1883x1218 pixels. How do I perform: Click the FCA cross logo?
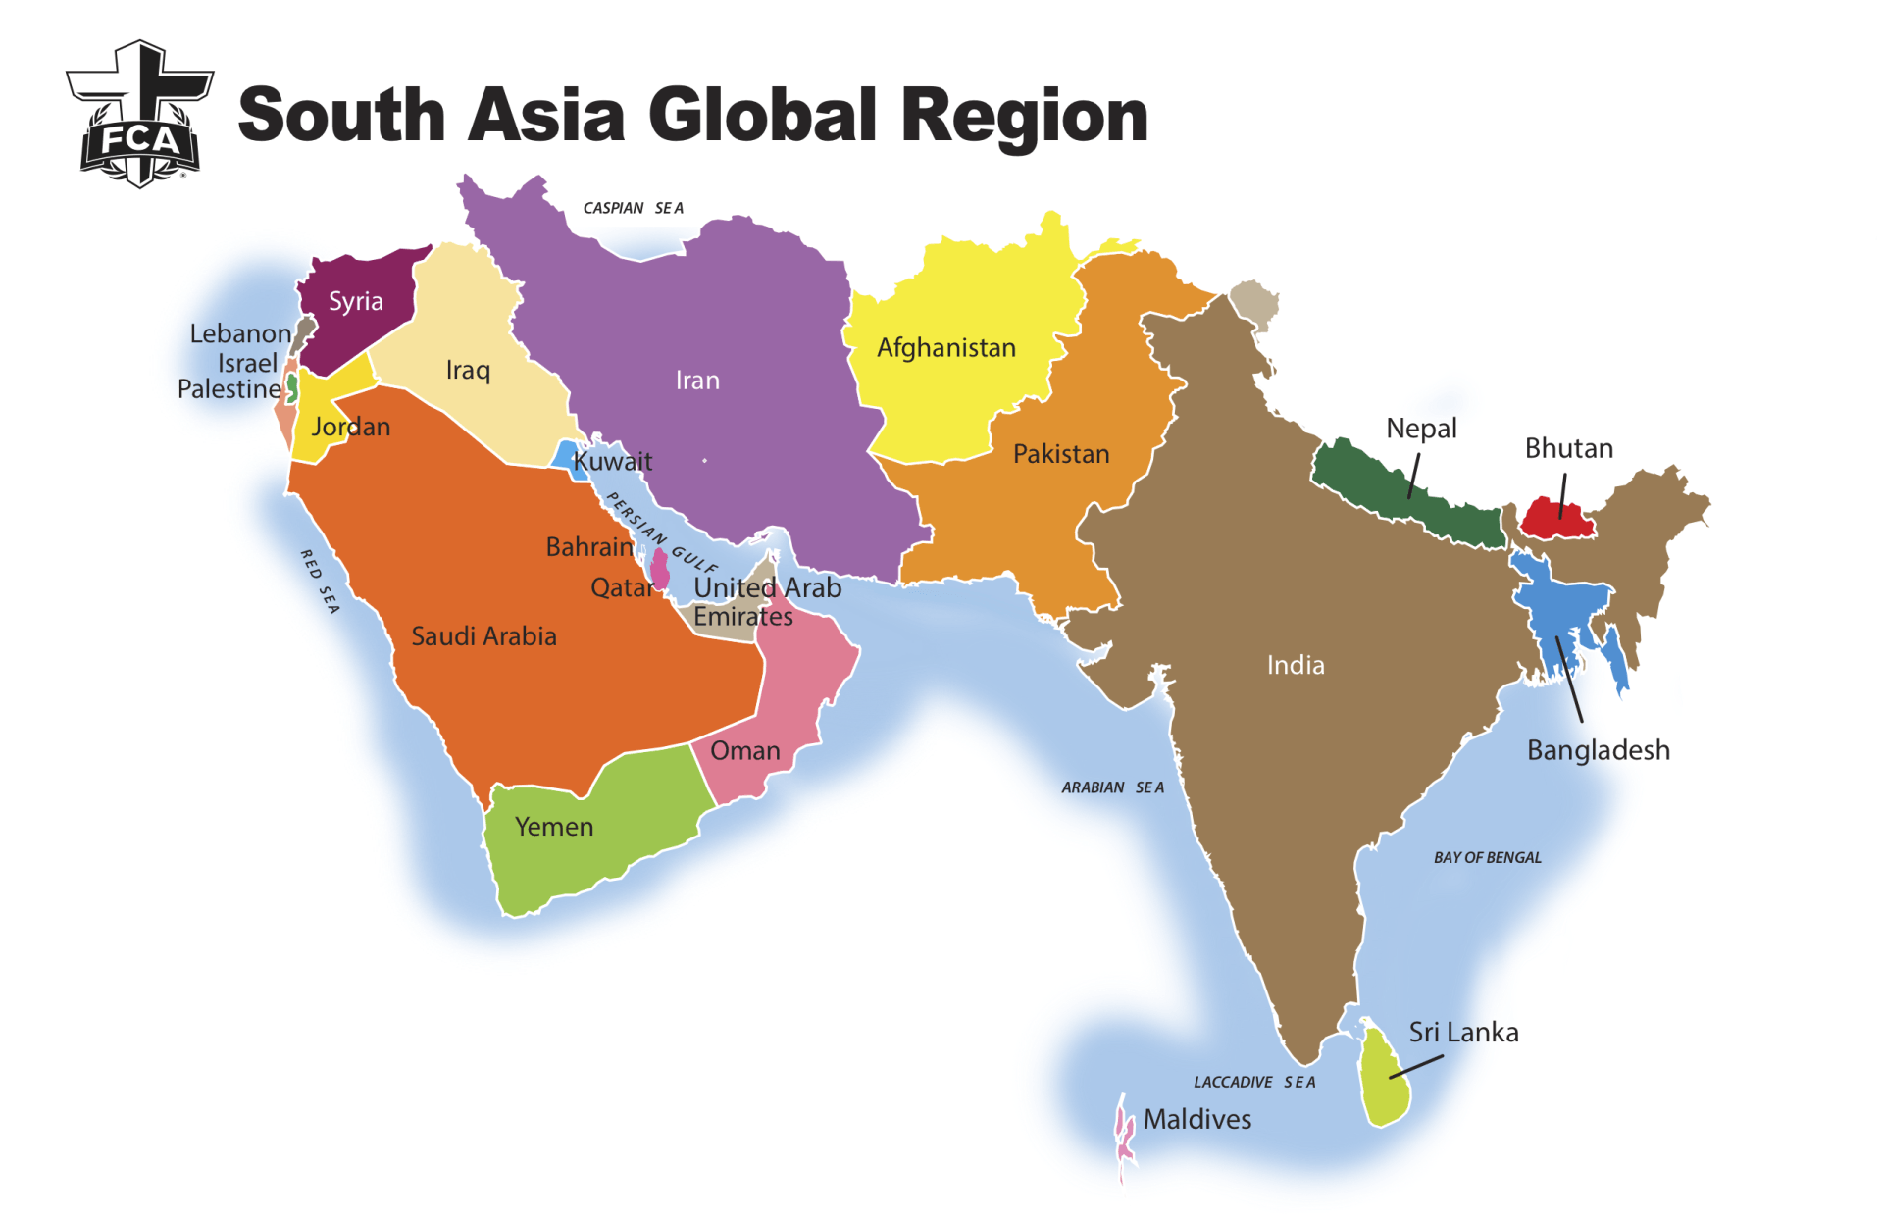pos(140,115)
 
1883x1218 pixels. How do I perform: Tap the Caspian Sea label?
pos(633,208)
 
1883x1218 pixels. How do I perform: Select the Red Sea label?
pos(320,582)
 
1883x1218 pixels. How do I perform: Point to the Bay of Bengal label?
pos(1487,857)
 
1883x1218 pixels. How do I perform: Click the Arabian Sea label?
pos(1112,787)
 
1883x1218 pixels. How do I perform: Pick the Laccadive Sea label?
pos(1254,1082)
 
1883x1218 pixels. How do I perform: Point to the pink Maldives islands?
pos(1124,1138)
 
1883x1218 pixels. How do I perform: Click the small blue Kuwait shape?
pos(565,456)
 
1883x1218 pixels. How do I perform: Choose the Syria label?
pos(355,301)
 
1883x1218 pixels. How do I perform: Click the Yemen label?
pos(554,827)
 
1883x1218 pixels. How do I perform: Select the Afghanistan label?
pos(945,348)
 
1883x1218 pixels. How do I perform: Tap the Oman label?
pos(745,751)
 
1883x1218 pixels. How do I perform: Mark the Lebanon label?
pos(240,333)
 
